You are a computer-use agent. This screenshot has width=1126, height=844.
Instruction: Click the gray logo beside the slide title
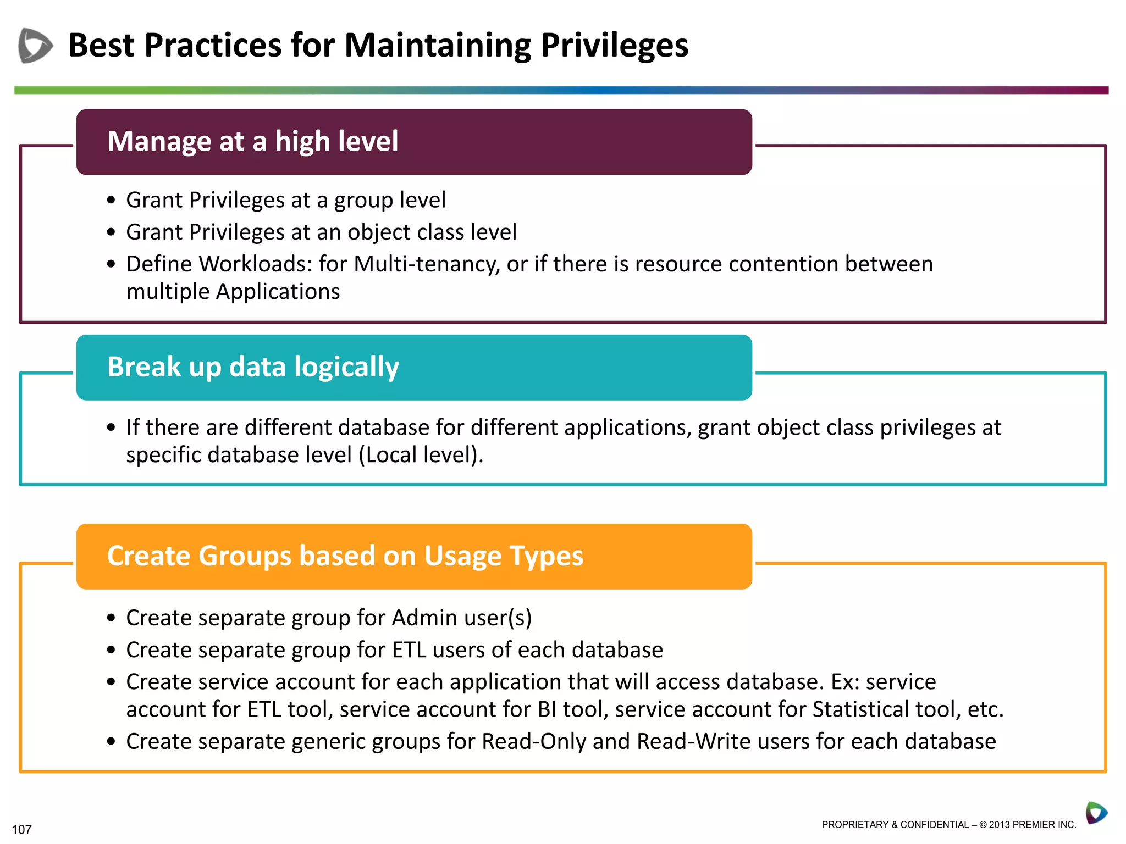(35, 45)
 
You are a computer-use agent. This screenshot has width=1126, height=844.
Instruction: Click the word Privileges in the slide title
(614, 45)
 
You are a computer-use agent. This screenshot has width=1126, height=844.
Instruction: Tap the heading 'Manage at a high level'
(252, 141)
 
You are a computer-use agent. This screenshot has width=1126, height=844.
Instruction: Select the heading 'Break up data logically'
(253, 367)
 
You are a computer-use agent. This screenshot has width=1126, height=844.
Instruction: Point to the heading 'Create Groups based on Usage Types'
(345, 556)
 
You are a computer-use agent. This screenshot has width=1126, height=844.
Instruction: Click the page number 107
(21, 829)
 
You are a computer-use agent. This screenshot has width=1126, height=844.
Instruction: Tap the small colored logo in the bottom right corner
(1096, 813)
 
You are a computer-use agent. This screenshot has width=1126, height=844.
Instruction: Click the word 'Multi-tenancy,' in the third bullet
(427, 264)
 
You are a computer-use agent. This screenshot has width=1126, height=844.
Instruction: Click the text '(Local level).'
(421, 455)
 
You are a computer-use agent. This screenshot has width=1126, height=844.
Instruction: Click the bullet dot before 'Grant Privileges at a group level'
(112, 201)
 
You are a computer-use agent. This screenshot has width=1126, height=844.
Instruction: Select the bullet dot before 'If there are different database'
(112, 427)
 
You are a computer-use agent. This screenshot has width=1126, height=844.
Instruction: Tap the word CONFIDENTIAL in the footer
(934, 825)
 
